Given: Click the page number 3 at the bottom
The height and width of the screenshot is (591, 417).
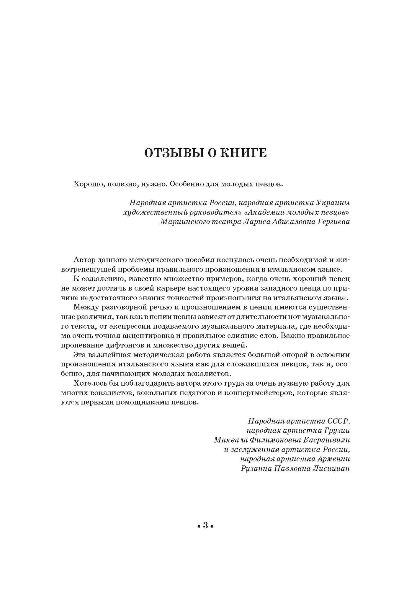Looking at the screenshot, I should pyautogui.click(x=206, y=526).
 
